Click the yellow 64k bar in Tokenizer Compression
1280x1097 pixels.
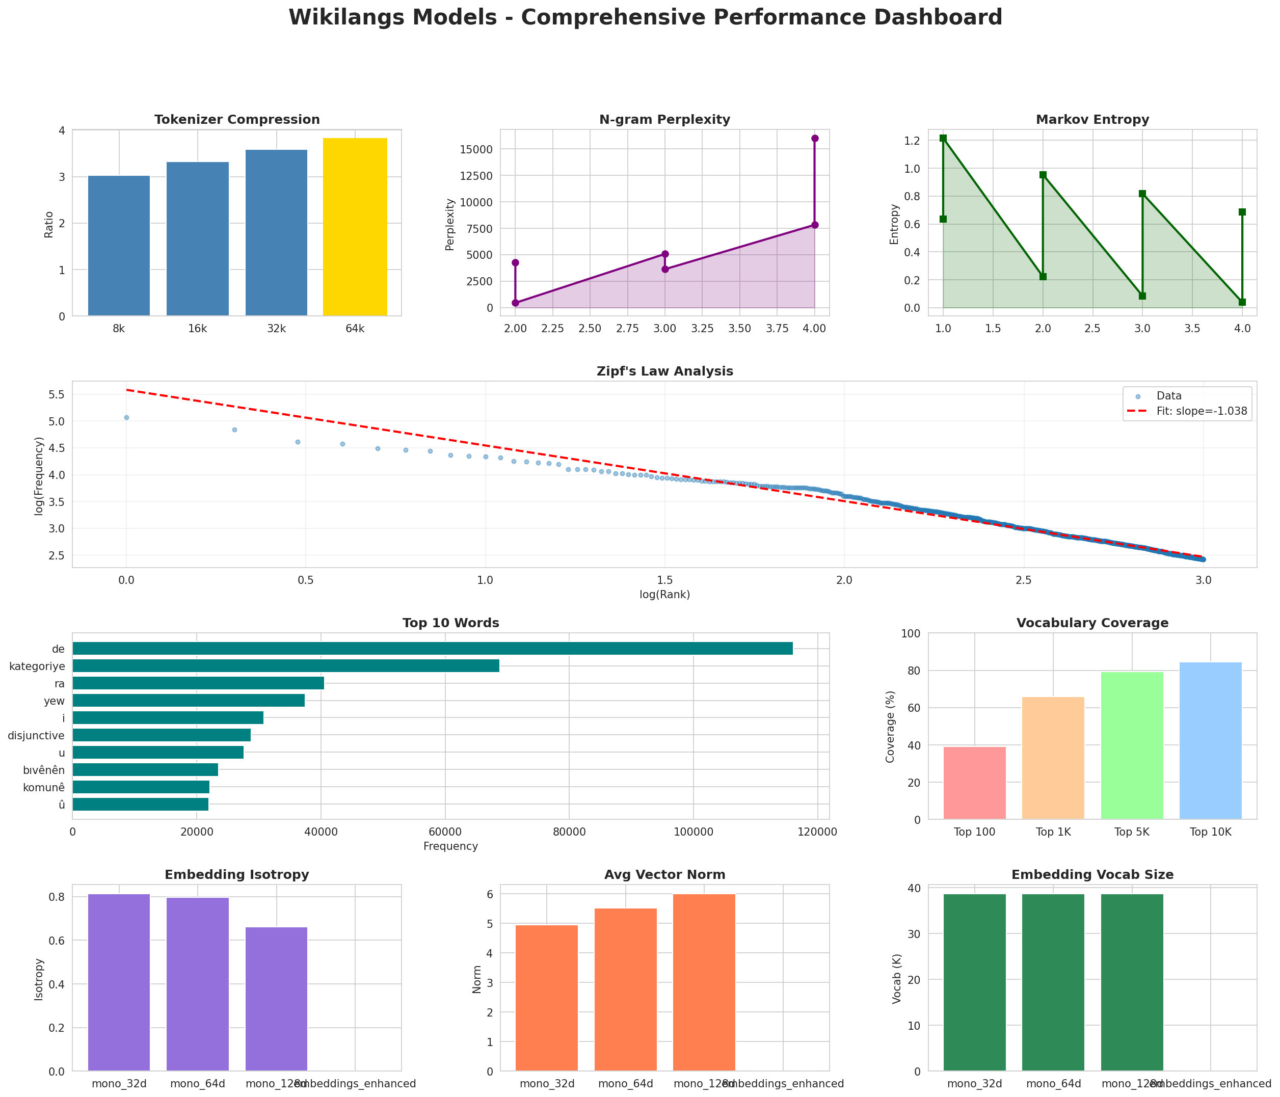[x=355, y=227]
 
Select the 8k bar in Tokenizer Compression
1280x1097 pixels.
[x=119, y=246]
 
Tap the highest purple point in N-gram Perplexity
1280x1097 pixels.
[x=815, y=139]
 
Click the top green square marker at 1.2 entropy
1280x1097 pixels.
[x=943, y=139]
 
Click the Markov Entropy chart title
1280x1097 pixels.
[x=1092, y=120]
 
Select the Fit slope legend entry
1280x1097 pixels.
[x=1186, y=411]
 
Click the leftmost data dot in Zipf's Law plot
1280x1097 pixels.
[x=127, y=417]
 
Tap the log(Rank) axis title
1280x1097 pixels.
[x=664, y=595]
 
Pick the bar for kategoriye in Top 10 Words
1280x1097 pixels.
[x=285, y=666]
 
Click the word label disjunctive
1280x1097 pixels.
[x=35, y=735]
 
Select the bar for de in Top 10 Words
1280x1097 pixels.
[x=433, y=649]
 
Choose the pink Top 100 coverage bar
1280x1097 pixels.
[x=974, y=783]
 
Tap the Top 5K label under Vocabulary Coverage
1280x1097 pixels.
[x=1132, y=832]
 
